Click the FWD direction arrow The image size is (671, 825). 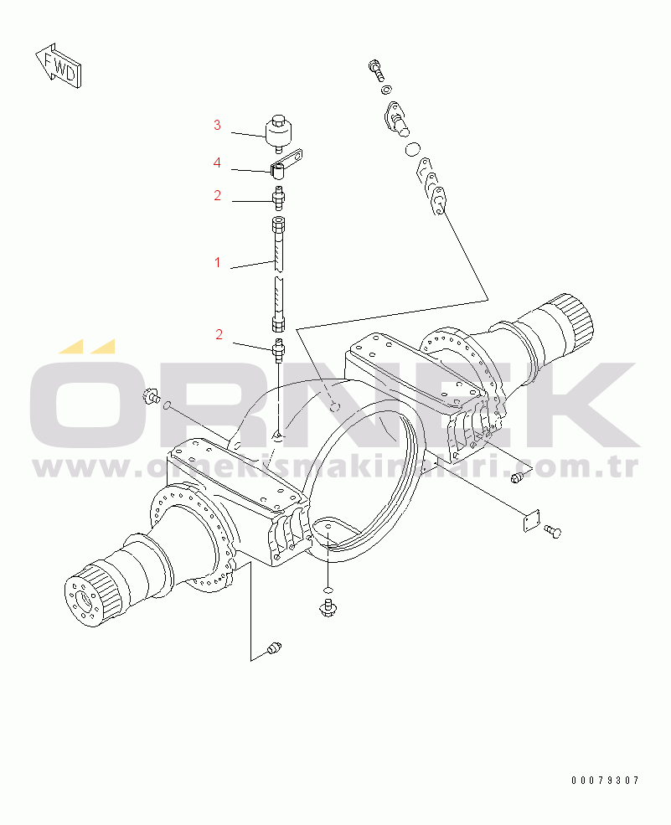[x=59, y=64]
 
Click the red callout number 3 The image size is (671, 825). [x=217, y=126]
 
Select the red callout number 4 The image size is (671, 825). [x=217, y=162]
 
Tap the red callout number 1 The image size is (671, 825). [x=217, y=263]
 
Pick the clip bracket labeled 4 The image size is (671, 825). [x=285, y=163]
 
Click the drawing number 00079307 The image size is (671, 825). [x=605, y=781]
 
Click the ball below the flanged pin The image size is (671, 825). [x=411, y=149]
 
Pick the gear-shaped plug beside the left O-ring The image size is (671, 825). [x=152, y=396]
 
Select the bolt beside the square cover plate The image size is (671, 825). [x=552, y=531]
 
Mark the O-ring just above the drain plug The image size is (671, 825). [x=328, y=588]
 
